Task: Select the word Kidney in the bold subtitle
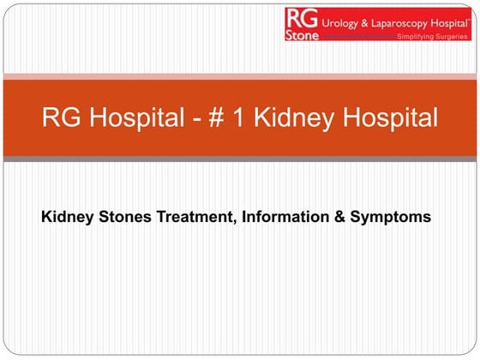tap(65, 218)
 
